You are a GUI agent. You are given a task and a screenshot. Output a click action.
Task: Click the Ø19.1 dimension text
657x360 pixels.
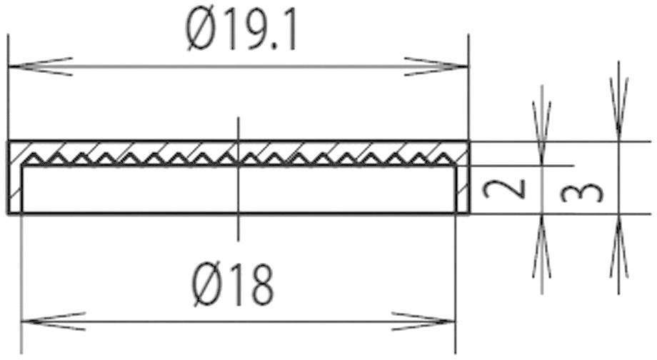pos(242,32)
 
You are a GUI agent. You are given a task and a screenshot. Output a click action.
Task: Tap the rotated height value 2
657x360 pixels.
pos(505,189)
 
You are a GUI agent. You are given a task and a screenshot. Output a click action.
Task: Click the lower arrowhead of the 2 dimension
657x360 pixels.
pos(543,246)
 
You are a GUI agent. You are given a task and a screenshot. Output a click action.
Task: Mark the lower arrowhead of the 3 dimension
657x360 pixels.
pos(618,246)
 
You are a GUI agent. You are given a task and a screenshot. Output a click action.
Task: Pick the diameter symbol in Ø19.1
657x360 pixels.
pos(200,32)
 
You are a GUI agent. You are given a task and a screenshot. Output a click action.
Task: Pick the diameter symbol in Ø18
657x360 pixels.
pos(209,284)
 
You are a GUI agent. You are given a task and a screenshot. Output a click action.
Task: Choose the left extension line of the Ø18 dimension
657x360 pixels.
pos(21,286)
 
